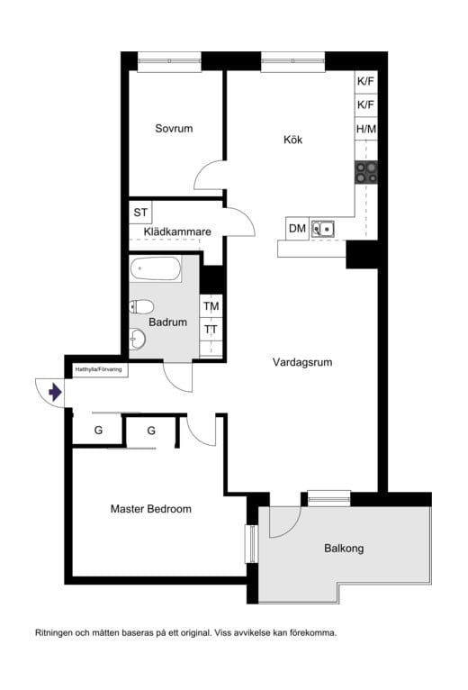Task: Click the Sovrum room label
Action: (174, 129)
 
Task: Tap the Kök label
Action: (292, 140)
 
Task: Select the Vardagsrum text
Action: (302, 362)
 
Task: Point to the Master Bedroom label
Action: (151, 509)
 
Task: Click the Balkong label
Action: (344, 549)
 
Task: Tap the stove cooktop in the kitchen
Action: (366, 172)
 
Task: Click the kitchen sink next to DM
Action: (323, 230)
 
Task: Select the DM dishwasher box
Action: (297, 229)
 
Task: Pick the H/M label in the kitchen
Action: (366, 129)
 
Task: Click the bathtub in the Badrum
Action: (156, 268)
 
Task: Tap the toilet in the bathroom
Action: (141, 306)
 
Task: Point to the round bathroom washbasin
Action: (138, 340)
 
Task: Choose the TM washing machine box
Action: (211, 306)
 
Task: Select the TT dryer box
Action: (211, 329)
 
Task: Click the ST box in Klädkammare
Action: (140, 213)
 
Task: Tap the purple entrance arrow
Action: (55, 392)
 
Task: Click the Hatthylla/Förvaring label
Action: (98, 369)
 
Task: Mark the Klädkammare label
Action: (177, 232)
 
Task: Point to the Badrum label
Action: (167, 322)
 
